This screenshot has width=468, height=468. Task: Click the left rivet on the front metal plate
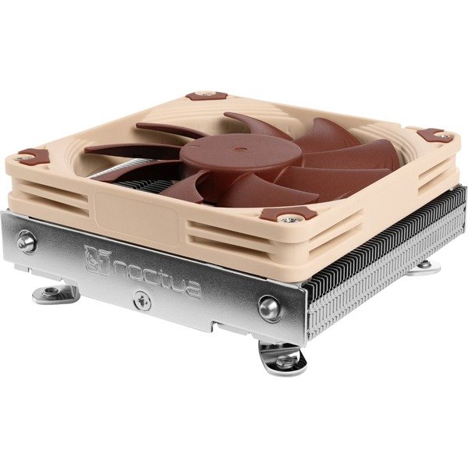27,243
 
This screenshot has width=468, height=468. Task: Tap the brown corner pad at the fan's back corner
207,97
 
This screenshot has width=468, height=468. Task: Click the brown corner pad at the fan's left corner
32,156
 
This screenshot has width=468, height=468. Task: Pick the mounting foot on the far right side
425,269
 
